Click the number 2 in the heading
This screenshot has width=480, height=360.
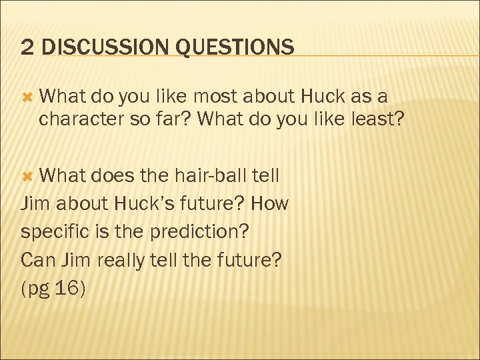[27, 47]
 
